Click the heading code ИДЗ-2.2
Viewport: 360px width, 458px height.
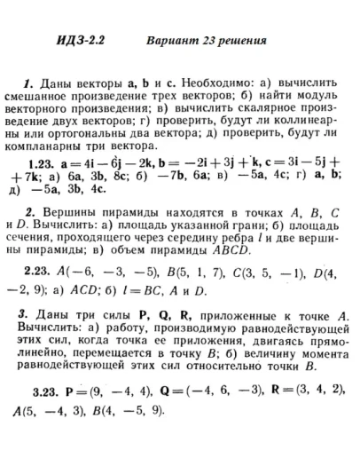coord(82,41)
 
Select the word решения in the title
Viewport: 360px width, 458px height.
coord(242,41)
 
